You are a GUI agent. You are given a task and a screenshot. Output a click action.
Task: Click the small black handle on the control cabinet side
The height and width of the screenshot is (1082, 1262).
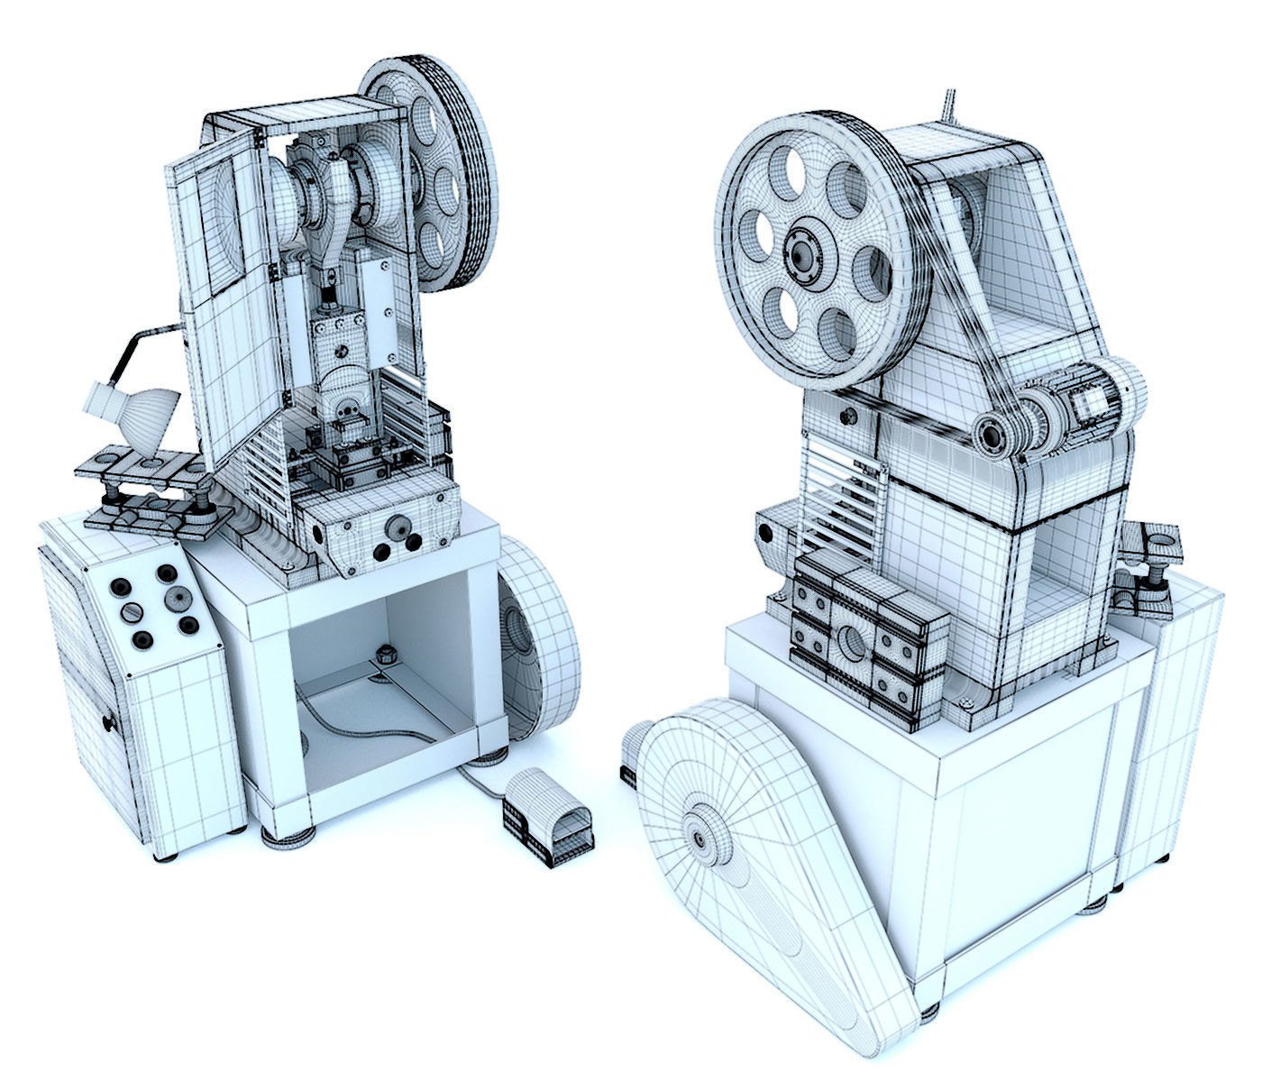[109, 723]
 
